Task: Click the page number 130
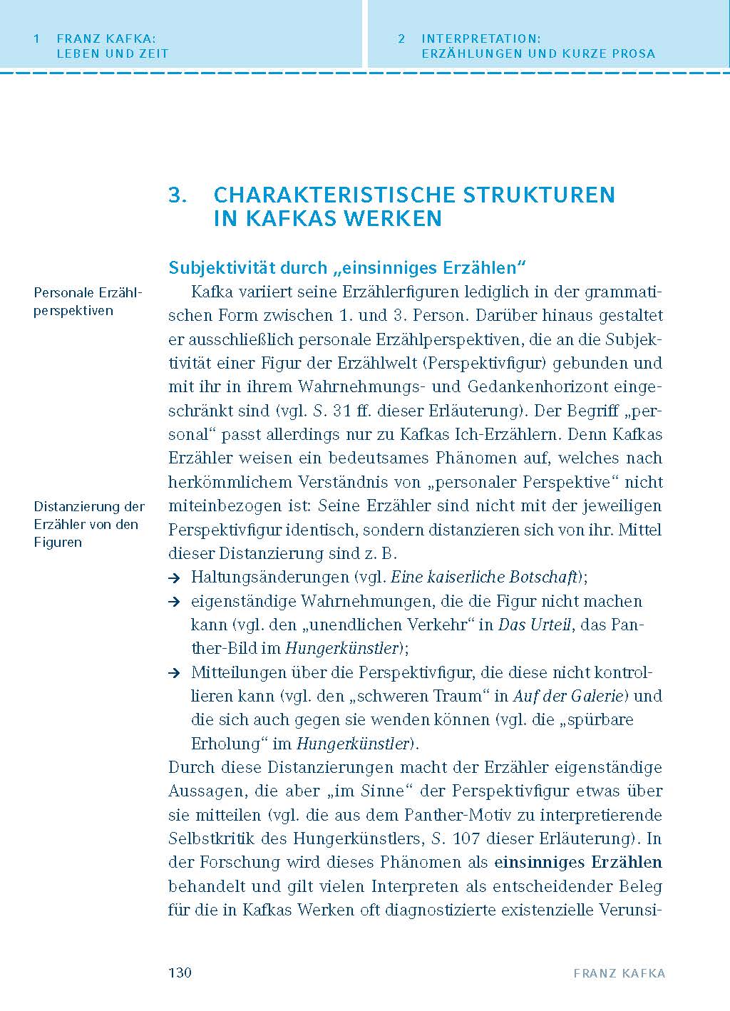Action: (x=180, y=973)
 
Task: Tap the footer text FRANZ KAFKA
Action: (x=619, y=974)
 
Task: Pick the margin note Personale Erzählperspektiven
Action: (x=88, y=302)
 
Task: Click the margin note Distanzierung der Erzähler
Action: (x=89, y=524)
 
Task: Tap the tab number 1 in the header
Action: (x=36, y=39)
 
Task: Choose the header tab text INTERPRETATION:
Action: (x=481, y=39)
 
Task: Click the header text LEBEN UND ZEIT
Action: (x=113, y=53)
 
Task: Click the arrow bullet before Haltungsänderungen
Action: (x=173, y=578)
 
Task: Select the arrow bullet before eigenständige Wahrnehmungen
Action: (x=173, y=602)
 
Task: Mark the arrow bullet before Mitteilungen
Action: (x=173, y=673)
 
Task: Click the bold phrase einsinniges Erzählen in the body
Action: (x=578, y=863)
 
